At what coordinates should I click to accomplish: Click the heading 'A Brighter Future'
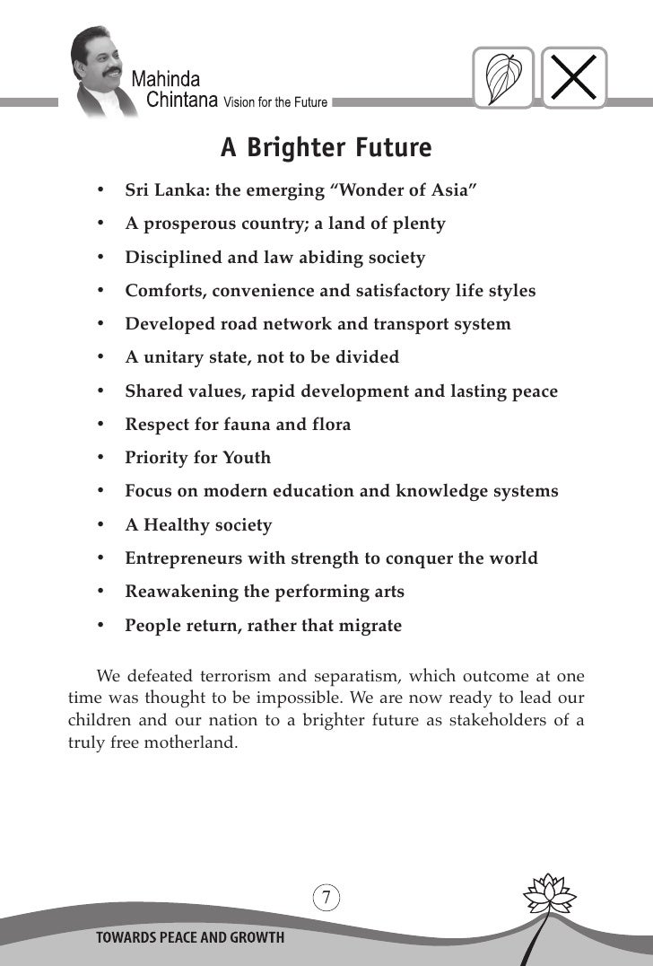coord(326,147)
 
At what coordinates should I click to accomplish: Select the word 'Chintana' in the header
coord(182,100)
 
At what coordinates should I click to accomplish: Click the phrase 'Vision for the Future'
coord(275,101)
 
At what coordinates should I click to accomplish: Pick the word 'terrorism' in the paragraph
coord(229,675)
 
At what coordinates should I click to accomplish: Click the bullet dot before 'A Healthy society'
coord(104,525)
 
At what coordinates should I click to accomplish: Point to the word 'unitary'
coord(173,357)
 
